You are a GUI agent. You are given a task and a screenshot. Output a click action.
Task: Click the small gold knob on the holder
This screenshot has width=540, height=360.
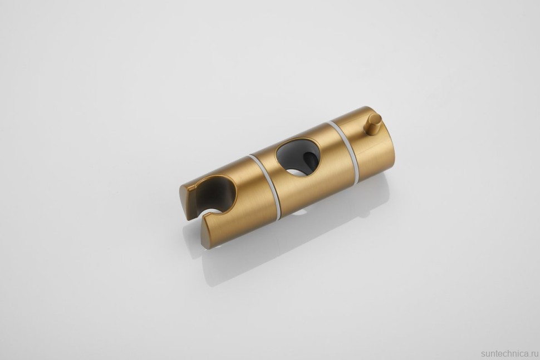pos(372,124)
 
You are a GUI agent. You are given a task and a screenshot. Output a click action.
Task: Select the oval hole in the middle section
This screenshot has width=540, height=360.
pos(297,157)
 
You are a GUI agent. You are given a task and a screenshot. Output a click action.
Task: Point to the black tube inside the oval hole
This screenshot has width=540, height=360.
pos(311,160)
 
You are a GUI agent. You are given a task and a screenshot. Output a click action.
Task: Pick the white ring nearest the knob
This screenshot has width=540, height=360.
pos(343,151)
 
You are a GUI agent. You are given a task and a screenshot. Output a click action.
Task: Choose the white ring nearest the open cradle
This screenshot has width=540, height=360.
pos(265,186)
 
